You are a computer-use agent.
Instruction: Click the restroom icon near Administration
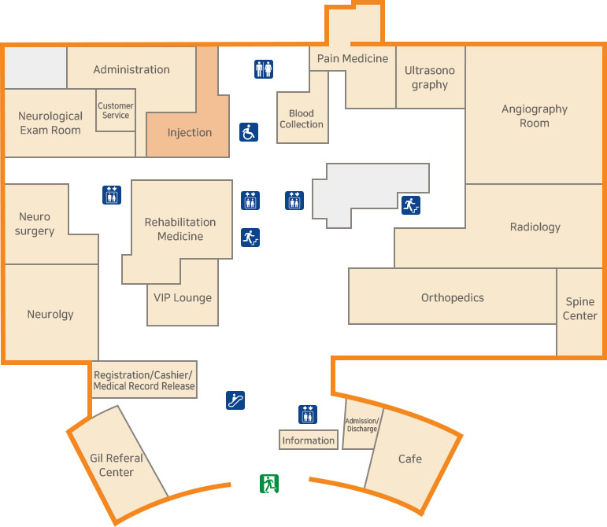(x=264, y=69)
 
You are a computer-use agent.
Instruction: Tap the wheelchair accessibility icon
(x=249, y=132)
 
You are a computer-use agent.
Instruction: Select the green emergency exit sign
(x=270, y=484)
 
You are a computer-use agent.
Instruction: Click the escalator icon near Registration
(x=235, y=400)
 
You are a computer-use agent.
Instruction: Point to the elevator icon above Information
(x=308, y=414)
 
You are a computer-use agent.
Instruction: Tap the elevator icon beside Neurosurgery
(x=112, y=195)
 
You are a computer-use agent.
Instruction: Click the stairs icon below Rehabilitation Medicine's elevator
(x=250, y=237)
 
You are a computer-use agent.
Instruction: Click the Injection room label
(x=190, y=132)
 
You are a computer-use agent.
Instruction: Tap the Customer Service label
(x=116, y=110)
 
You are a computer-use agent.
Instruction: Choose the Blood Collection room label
(x=302, y=119)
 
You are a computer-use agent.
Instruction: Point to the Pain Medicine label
(x=353, y=58)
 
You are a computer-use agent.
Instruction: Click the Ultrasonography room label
(x=430, y=77)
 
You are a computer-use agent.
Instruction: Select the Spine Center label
(x=580, y=309)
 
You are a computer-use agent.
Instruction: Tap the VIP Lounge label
(x=183, y=297)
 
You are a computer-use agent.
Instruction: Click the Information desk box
(x=309, y=440)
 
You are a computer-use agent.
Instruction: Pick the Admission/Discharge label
(x=362, y=425)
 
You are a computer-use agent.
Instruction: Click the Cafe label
(x=410, y=459)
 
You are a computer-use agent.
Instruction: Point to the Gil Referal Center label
(x=117, y=465)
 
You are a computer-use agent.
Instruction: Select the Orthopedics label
(x=453, y=297)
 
